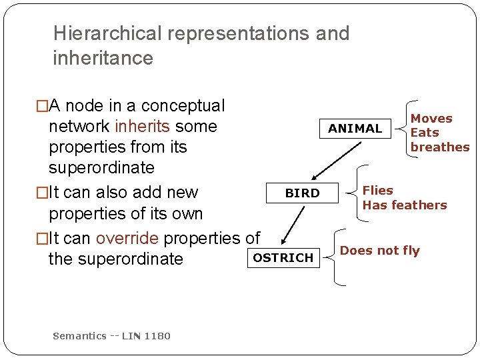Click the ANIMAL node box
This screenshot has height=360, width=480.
click(355, 128)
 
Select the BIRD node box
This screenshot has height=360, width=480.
click(302, 193)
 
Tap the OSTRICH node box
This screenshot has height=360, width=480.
click(283, 258)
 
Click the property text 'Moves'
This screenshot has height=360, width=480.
click(431, 119)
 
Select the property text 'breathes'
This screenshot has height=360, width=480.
click(440, 147)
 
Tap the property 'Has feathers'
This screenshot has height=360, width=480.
click(405, 205)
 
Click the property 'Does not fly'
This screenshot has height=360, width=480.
click(380, 251)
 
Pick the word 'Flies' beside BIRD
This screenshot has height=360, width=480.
click(378, 191)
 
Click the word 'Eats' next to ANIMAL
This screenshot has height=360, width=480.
click(425, 133)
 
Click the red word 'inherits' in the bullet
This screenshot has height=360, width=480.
click(142, 126)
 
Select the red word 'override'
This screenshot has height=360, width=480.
click(127, 238)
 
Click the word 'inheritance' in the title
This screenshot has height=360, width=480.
click(103, 58)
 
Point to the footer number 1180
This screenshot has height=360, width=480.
click(157, 336)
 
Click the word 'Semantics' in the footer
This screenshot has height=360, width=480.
click(79, 336)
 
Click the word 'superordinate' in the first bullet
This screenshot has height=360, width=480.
click(101, 167)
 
